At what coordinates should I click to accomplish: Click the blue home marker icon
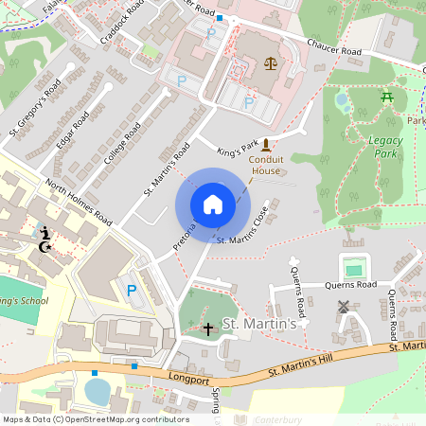coord(212,204)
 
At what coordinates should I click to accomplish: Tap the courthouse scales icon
coord(272,64)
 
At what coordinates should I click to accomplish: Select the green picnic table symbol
coord(386,97)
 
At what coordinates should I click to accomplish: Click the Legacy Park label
coord(383,146)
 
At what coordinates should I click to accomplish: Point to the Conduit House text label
coord(266,166)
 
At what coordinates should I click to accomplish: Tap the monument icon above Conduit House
coord(266,145)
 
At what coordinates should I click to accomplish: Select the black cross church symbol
coord(208,328)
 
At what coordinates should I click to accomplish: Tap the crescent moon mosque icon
coord(44,247)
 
